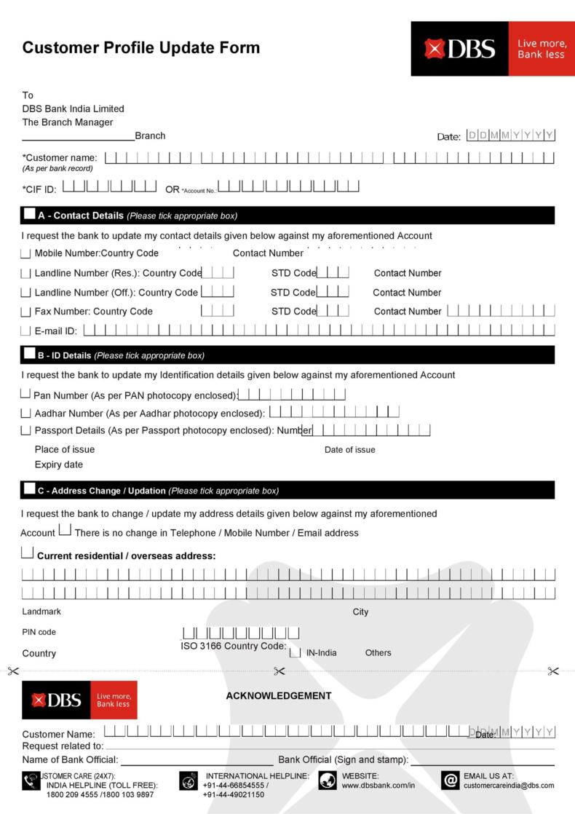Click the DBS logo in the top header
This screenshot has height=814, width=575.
point(460,49)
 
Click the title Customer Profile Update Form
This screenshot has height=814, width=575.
point(141,48)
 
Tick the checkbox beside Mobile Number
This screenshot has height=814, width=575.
point(26,253)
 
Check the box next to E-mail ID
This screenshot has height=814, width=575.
point(26,331)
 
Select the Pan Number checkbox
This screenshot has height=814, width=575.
point(26,394)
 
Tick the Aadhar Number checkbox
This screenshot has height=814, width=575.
point(26,413)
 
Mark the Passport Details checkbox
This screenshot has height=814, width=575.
point(26,430)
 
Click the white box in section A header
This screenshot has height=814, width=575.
point(29,214)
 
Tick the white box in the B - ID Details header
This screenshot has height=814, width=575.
point(29,354)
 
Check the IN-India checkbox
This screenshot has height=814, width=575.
point(295,652)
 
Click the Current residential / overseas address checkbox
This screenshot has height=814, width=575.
point(28,553)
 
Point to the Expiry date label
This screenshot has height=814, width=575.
point(59,465)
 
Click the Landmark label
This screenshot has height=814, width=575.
point(41,612)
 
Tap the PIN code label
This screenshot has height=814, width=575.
point(39,632)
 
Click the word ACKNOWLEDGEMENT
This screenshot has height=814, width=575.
point(279,695)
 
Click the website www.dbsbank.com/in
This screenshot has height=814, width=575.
point(378,786)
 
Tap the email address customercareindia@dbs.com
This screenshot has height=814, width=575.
point(509,786)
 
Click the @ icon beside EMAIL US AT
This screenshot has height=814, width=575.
point(451,781)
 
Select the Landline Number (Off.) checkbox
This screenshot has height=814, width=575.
point(26,293)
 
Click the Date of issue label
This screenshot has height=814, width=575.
point(350,450)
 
